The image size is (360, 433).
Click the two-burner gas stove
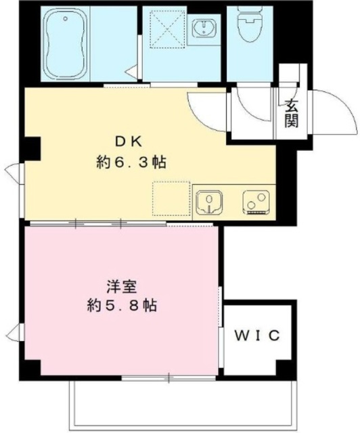point(256,202)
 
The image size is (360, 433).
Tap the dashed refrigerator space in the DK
point(171,199)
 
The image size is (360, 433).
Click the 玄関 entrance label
point(292,113)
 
